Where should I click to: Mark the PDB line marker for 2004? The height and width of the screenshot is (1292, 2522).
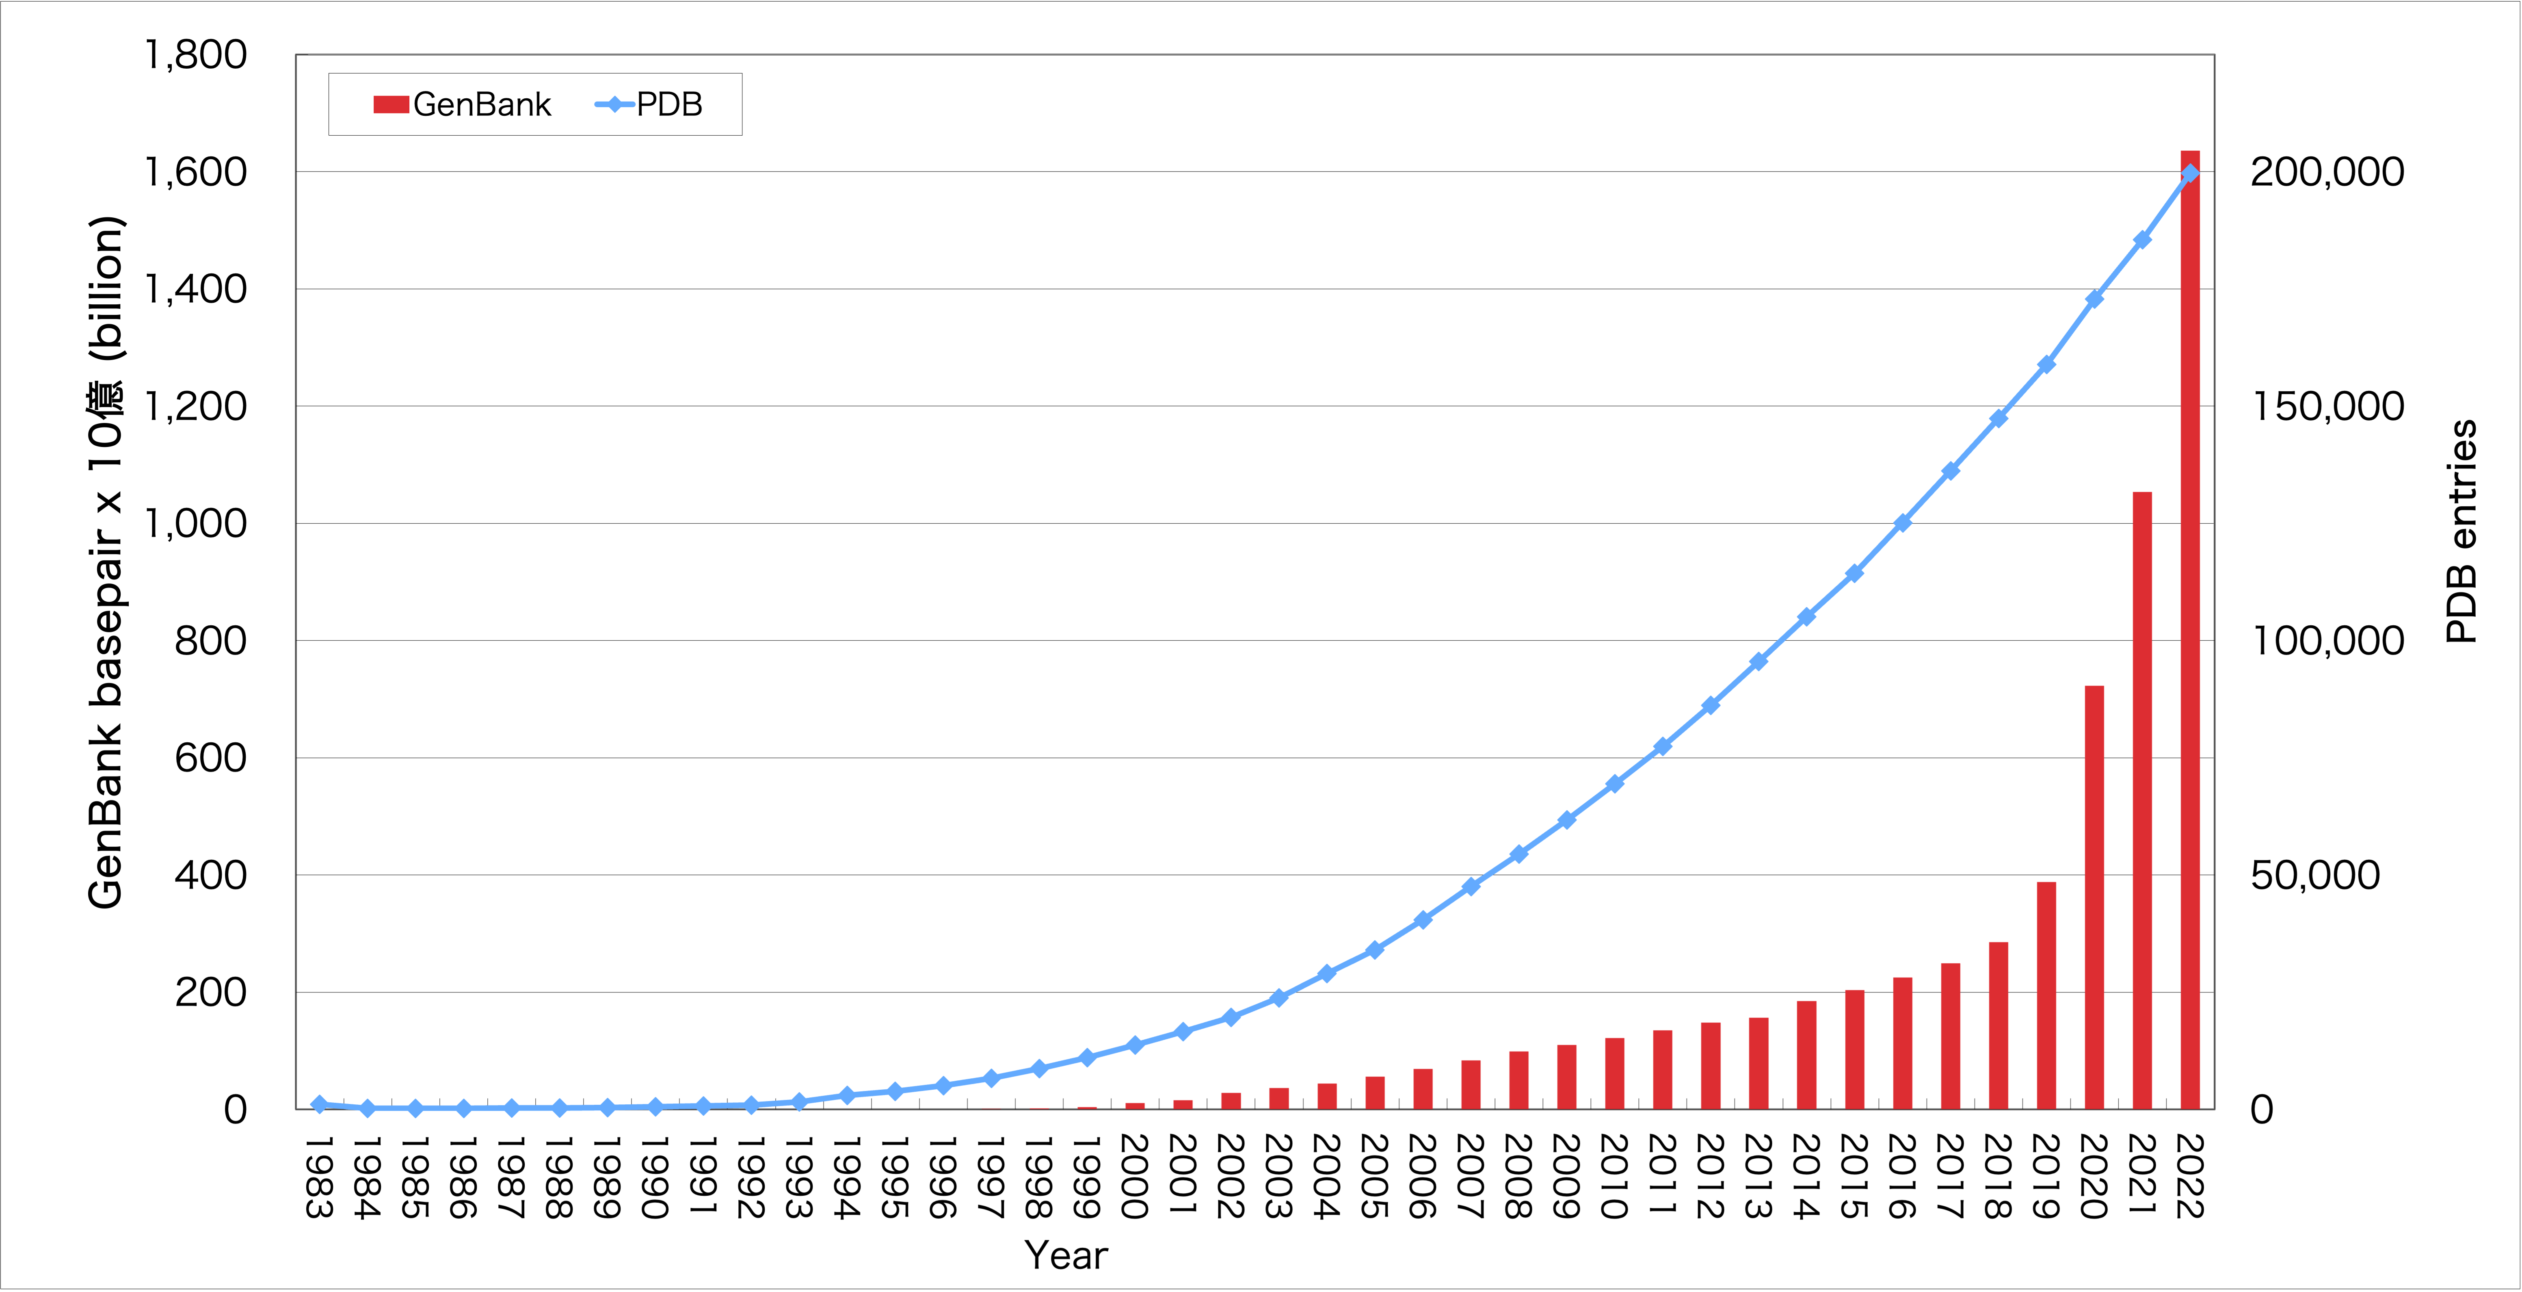(x=1327, y=973)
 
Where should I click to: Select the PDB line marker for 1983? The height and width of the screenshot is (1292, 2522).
(x=319, y=1104)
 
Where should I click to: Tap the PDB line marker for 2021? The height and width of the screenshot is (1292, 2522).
(x=2142, y=239)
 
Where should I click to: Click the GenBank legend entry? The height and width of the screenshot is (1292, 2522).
(x=462, y=104)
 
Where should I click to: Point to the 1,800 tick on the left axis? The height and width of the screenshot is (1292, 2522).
(x=196, y=55)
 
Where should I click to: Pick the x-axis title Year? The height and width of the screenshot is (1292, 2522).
(x=1066, y=1255)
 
